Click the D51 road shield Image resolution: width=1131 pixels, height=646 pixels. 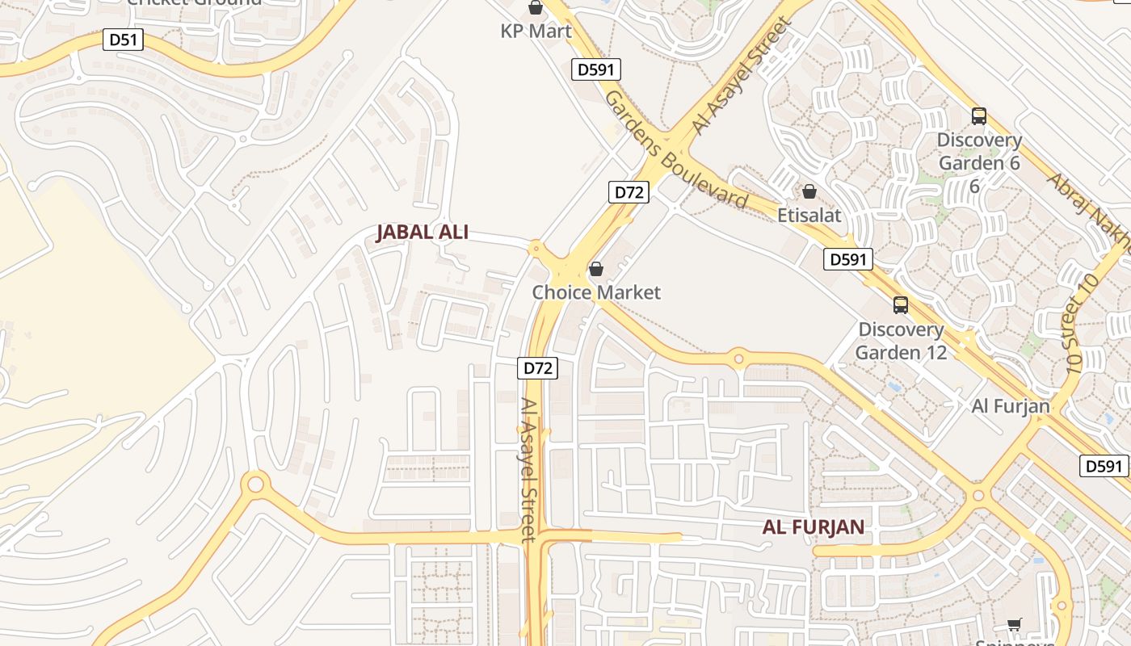click(x=123, y=40)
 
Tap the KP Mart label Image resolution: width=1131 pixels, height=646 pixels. click(x=536, y=31)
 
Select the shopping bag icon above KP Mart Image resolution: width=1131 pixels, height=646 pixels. click(x=535, y=8)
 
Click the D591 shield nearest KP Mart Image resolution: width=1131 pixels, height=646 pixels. click(x=597, y=69)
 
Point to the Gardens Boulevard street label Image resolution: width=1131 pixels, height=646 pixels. click(x=675, y=149)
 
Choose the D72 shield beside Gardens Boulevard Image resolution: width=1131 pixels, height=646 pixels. click(x=629, y=192)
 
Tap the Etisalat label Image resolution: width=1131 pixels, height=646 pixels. click(x=809, y=216)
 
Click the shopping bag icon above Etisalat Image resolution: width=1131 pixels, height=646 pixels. click(x=809, y=191)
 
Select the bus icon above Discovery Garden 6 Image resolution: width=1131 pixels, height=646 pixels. click(x=978, y=116)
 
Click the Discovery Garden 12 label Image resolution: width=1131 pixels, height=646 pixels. click(x=901, y=341)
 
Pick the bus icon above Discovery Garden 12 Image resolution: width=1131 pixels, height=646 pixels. click(x=900, y=305)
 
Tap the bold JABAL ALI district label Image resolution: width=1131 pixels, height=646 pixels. click(x=423, y=233)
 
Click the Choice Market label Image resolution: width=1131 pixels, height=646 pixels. click(x=596, y=292)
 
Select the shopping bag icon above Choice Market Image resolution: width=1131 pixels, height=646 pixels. click(x=596, y=269)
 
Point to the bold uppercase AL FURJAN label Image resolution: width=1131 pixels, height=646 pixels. click(x=814, y=527)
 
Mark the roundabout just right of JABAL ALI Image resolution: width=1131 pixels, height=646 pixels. click(x=534, y=249)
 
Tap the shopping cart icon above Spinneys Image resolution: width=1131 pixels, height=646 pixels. click(x=1014, y=623)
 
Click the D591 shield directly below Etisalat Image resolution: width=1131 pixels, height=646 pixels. click(x=848, y=259)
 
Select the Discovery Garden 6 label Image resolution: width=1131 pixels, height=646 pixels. click(x=978, y=152)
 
